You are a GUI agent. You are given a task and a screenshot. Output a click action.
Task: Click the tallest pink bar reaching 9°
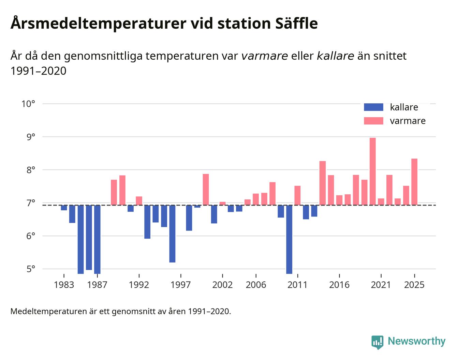(x=372, y=171)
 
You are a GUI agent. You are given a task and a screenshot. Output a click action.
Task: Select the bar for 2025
(x=414, y=182)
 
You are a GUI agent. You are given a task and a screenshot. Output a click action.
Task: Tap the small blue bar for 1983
(x=64, y=208)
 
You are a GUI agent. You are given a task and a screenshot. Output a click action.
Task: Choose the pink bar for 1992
(x=139, y=201)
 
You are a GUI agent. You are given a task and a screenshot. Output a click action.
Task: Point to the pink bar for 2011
(x=297, y=195)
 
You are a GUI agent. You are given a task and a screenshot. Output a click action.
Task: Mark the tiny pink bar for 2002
(x=222, y=204)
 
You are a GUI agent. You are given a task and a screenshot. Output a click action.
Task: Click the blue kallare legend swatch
(x=373, y=107)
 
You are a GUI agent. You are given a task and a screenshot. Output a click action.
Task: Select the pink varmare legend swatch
(x=373, y=121)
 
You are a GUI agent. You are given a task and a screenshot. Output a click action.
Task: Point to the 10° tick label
(x=28, y=104)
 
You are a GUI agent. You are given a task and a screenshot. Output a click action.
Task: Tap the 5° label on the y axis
(x=30, y=269)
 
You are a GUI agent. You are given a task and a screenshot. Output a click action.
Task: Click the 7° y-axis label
(x=30, y=203)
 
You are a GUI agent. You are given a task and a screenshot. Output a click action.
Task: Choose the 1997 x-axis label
(x=180, y=285)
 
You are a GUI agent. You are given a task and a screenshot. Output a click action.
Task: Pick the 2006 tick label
(x=256, y=285)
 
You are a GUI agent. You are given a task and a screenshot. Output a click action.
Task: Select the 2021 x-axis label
(x=381, y=285)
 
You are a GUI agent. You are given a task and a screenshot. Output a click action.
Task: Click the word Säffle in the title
(x=295, y=24)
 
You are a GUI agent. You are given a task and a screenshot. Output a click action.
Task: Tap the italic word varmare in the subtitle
(x=264, y=56)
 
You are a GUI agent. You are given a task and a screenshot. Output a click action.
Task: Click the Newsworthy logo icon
(x=377, y=342)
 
